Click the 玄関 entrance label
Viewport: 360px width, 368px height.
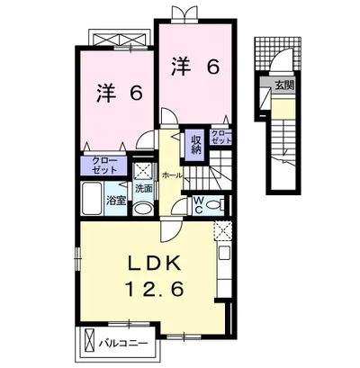pyautogui.click(x=284, y=86)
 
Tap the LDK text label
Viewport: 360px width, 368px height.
pyautogui.click(x=155, y=264)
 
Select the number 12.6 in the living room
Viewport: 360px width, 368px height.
pyautogui.click(x=154, y=290)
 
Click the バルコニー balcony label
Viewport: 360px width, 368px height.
pyautogui.click(x=124, y=343)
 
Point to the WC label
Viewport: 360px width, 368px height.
pyautogui.click(x=199, y=205)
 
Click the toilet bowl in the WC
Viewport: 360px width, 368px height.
pyautogui.click(x=215, y=205)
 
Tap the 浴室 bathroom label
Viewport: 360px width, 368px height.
pyautogui.click(x=116, y=201)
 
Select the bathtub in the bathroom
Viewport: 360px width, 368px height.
pyautogui.click(x=92, y=198)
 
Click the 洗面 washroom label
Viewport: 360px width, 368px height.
pyautogui.click(x=143, y=189)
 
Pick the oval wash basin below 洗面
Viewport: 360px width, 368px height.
pyautogui.click(x=143, y=209)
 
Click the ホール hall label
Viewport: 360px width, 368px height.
pyautogui.click(x=172, y=175)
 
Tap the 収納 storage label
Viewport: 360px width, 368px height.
pyautogui.click(x=196, y=145)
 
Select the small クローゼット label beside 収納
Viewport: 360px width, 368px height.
pyautogui.click(x=221, y=137)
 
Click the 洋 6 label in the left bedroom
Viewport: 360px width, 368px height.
pyautogui.click(x=119, y=94)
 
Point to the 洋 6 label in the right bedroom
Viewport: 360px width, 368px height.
pyautogui.click(x=195, y=67)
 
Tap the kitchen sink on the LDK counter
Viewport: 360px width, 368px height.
pyautogui.click(x=224, y=254)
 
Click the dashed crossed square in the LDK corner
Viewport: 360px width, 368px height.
pyautogui.click(x=222, y=231)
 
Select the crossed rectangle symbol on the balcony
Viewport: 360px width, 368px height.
pyautogui.click(x=90, y=343)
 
